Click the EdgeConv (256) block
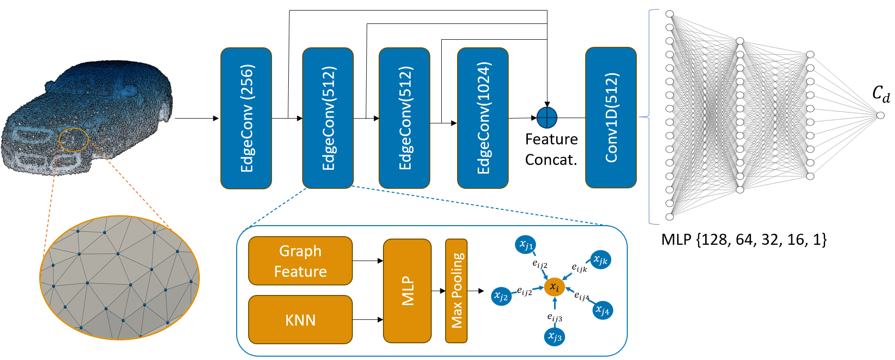click(x=246, y=118)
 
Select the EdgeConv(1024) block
click(x=483, y=118)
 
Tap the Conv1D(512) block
click(x=611, y=118)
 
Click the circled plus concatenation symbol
click(x=547, y=118)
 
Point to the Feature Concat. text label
click(x=551, y=149)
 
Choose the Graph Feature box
click(x=300, y=261)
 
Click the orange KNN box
click(x=300, y=319)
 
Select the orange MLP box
click(x=407, y=291)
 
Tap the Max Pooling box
click(x=456, y=291)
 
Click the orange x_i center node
click(x=555, y=287)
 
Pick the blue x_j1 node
click(x=525, y=245)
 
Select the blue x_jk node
click(x=600, y=260)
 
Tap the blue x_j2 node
click(x=501, y=296)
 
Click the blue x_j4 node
click(x=602, y=310)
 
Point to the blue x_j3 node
click(x=555, y=337)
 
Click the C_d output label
click(x=881, y=93)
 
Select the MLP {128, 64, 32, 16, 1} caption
click(x=744, y=239)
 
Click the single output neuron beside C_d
click(x=880, y=115)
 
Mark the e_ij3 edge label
click(x=555, y=317)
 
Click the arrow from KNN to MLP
click(x=368, y=319)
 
